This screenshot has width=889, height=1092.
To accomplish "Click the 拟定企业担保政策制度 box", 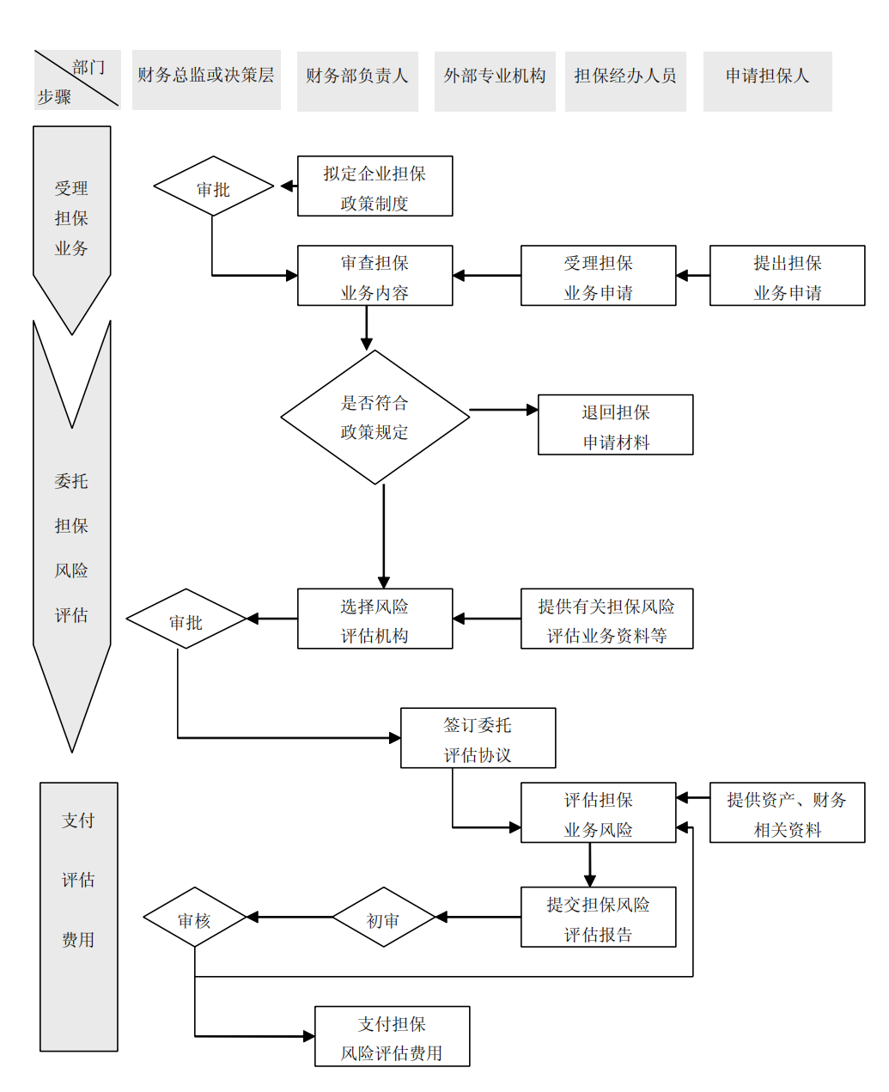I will pos(374,186).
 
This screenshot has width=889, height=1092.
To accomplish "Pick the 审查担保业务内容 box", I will pos(374,276).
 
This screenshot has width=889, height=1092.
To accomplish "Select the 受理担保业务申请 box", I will pos(598,276).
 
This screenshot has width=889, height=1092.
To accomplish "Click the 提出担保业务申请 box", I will pos(787,276).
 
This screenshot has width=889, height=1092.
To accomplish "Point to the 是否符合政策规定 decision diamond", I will pos(374,418).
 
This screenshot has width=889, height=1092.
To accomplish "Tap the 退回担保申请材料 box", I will pos(615,425).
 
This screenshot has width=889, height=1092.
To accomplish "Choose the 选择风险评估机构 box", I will pos(374,619).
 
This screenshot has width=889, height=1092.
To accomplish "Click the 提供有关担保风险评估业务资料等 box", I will pos(606,619).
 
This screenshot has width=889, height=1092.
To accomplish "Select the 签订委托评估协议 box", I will pos(478,738).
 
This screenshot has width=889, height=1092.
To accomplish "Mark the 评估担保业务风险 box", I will pos(598,813).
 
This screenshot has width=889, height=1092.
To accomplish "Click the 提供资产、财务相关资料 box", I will pos(787,813).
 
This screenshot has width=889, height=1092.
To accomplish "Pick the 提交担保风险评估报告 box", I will pos(598,918).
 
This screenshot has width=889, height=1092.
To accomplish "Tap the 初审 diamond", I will pos(383,918).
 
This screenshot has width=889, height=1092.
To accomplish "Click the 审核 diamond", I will pos(195,918).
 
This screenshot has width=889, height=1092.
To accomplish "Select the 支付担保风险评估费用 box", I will pos(392,1037).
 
